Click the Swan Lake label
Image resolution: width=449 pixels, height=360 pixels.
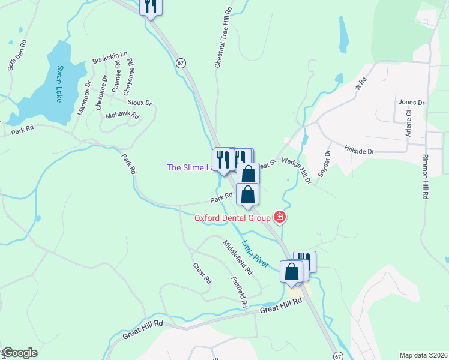[x=59, y=83]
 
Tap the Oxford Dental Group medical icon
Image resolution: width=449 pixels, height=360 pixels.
[x=279, y=217]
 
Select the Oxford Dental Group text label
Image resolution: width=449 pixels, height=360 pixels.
[x=232, y=218]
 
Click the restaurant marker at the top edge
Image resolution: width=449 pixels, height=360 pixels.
[x=150, y=6]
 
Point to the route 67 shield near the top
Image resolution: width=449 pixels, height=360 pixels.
[x=181, y=62]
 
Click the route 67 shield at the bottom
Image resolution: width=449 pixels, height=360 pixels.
[x=339, y=356]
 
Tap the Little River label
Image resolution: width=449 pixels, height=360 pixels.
[x=256, y=254]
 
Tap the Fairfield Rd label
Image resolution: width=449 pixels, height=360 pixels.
[x=239, y=292]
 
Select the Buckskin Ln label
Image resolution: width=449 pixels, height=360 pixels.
[x=110, y=58]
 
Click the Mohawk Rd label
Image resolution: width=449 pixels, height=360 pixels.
[x=122, y=115]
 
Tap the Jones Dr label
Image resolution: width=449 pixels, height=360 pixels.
[x=411, y=103]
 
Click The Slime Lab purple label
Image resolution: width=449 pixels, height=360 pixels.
[x=190, y=167]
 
